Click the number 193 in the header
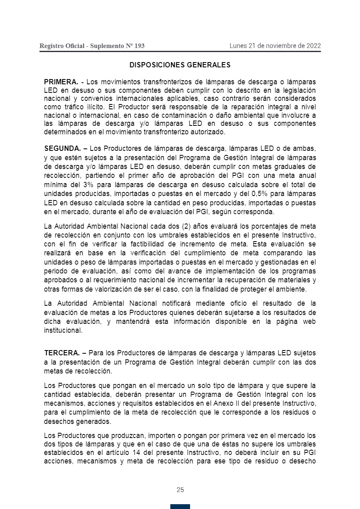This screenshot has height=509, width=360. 139,46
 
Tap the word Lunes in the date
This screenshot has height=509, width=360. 238,46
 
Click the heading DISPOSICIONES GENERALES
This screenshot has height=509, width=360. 180,65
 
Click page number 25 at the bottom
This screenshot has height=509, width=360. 180,490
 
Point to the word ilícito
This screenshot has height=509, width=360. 89,107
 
